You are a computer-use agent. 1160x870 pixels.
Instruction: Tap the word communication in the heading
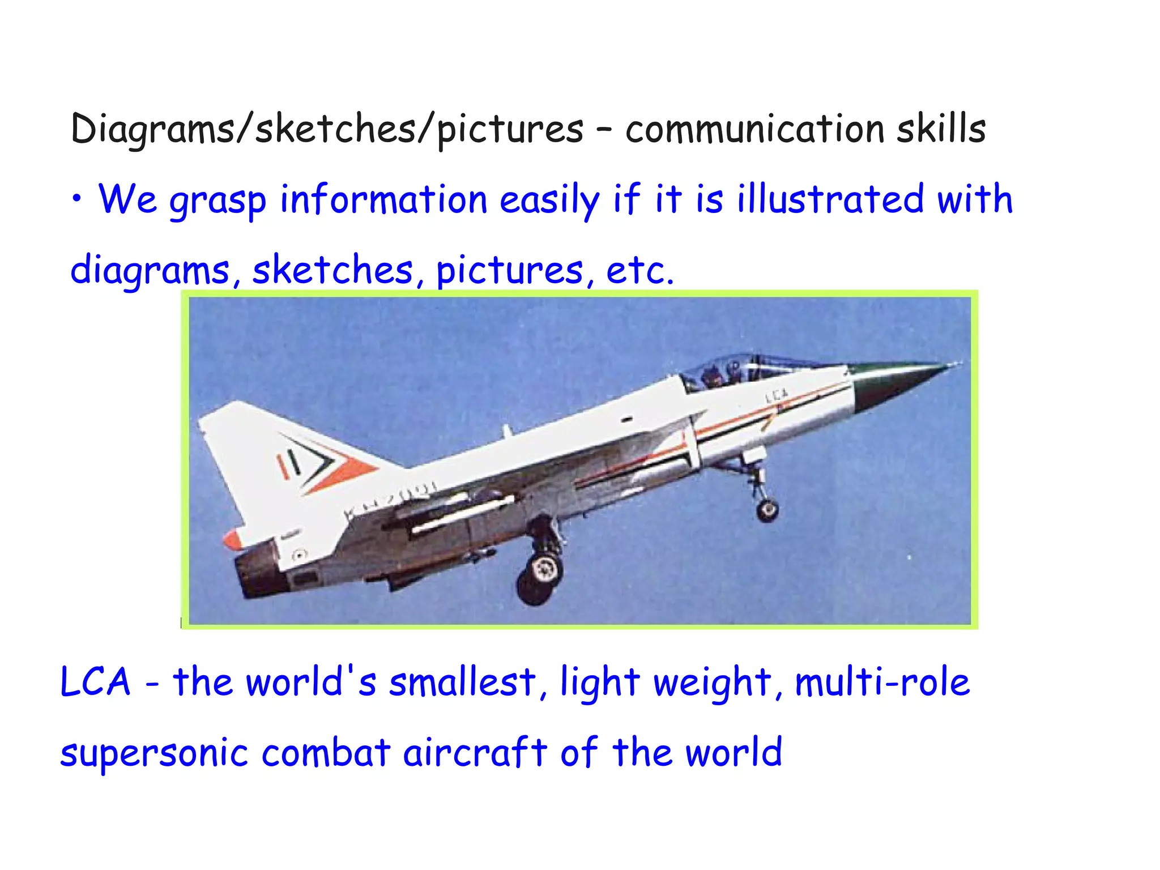point(754,129)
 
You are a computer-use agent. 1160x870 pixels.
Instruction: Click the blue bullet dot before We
point(76,199)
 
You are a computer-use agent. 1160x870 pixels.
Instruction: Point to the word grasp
point(218,201)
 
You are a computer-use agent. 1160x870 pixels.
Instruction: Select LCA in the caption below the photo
point(95,681)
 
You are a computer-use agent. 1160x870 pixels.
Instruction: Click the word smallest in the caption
point(462,681)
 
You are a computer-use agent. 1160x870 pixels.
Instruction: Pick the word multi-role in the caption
point(882,681)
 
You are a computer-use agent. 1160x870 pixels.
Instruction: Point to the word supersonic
point(154,753)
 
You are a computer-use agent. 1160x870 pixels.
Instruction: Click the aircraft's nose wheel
point(767,510)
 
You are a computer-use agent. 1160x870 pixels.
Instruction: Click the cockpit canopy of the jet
point(736,368)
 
